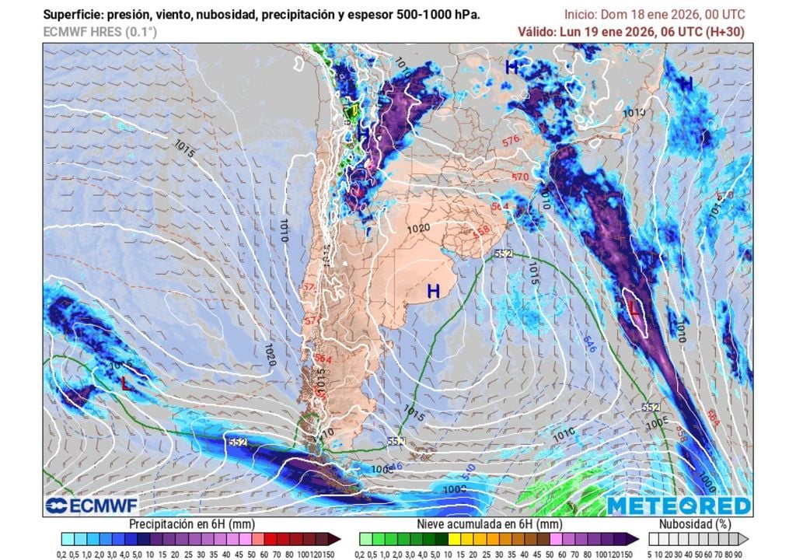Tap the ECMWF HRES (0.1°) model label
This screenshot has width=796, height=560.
(99, 32)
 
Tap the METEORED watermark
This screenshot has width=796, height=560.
(679, 506)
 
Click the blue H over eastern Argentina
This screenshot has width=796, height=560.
(433, 292)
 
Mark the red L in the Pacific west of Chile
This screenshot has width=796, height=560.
(125, 383)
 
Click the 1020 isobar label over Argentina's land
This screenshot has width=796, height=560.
(417, 229)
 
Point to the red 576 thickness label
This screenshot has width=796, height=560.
(511, 141)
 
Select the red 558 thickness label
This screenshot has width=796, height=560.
(481, 231)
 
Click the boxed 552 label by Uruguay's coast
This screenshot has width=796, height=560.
(503, 254)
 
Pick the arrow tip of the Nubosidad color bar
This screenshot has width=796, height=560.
(745, 538)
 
